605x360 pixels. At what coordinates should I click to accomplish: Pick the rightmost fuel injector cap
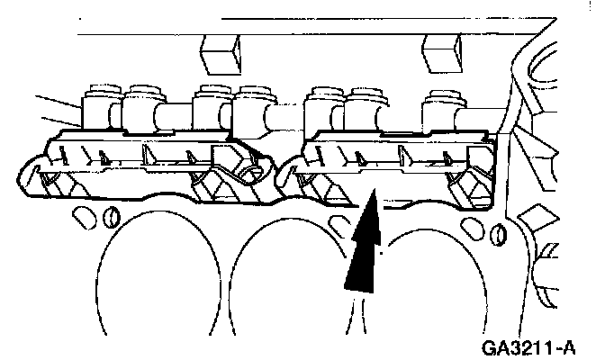tap(443, 98)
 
